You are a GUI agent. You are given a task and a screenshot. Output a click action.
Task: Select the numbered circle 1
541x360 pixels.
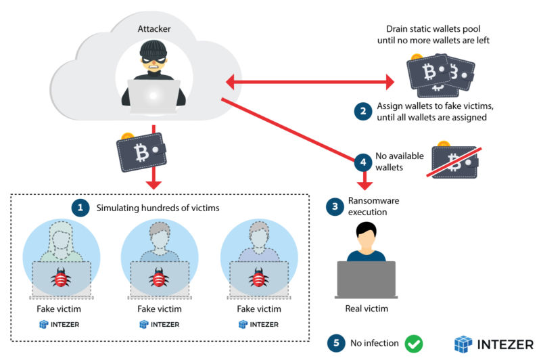(x=81, y=207)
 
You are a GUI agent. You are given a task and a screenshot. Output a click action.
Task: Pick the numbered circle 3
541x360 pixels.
(x=333, y=207)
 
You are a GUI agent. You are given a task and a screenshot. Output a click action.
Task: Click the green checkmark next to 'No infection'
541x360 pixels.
(x=413, y=343)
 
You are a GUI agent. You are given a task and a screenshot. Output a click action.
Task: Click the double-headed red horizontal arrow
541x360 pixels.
(x=310, y=83)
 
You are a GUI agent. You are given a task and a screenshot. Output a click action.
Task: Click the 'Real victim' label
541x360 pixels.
(x=366, y=309)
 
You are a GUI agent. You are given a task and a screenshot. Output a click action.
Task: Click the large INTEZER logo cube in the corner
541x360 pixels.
(x=463, y=343)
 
